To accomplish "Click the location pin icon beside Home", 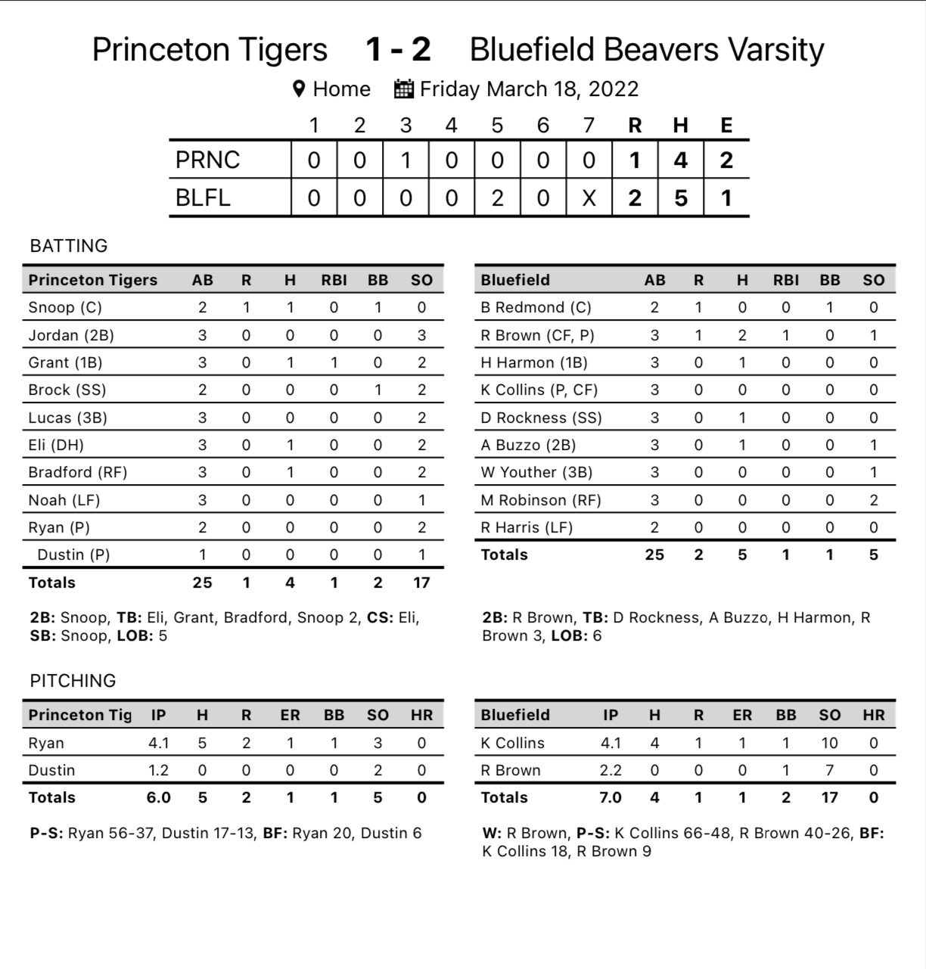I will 299,89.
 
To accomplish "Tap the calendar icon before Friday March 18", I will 404,89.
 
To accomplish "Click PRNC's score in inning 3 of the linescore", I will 406,160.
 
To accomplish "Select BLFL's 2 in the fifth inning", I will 497,198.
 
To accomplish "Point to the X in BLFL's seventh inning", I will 589,198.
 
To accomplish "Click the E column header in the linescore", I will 726,126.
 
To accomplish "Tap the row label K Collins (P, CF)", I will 539,390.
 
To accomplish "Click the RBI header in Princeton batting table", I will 334,280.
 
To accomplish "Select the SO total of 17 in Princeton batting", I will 421,582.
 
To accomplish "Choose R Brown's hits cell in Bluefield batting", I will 742,335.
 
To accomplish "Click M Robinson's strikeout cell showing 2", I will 874,500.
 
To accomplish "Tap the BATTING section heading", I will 69,246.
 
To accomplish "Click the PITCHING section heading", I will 73,681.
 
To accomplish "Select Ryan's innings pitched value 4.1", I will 158,743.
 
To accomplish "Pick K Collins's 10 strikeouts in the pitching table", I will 829,743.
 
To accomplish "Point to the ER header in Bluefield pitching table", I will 742,715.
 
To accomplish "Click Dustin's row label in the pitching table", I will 51,770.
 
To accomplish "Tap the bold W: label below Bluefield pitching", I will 492,833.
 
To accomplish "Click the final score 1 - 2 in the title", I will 398,50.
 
